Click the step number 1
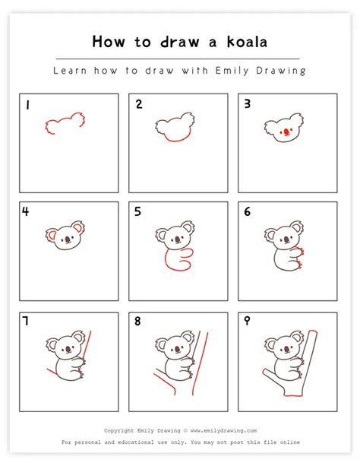pos(27,106)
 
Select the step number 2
pos(139,105)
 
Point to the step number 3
pos(248,105)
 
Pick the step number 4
pos(27,212)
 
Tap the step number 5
pos(138,212)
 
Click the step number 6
pos(248,212)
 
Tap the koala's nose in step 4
pos(66,239)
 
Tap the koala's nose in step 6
pos(284,238)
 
